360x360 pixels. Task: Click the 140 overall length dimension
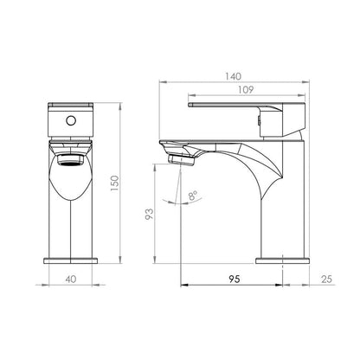[233, 76]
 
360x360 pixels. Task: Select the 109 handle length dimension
[246, 90]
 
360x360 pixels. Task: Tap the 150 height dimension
[114, 183]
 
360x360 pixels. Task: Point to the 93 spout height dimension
[149, 214]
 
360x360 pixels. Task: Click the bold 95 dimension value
[235, 279]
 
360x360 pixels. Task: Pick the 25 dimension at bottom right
[326, 279]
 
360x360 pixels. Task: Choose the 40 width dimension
[71, 279]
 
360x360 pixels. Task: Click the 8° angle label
[193, 196]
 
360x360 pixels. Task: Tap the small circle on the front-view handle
[71, 120]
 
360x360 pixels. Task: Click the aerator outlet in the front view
[71, 160]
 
